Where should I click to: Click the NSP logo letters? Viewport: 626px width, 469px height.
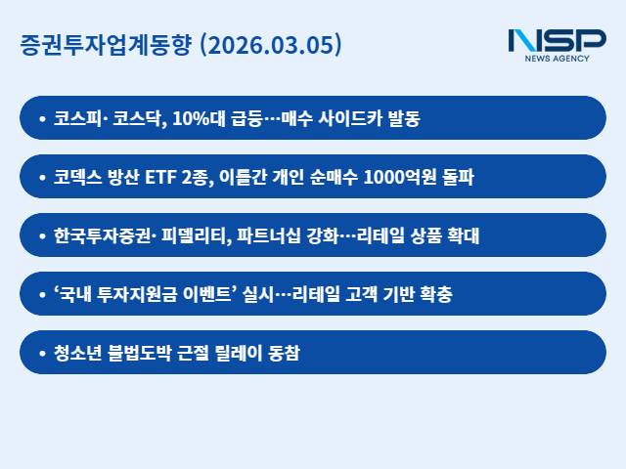pyautogui.click(x=557, y=41)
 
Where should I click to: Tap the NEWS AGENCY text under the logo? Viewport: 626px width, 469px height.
pyautogui.click(x=559, y=60)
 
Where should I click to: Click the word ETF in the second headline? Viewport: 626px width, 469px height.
pyautogui.click(x=162, y=177)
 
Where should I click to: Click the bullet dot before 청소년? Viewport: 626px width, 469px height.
pyautogui.click(x=41, y=353)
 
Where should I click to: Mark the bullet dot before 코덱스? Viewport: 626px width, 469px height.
pyautogui.click(x=41, y=177)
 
